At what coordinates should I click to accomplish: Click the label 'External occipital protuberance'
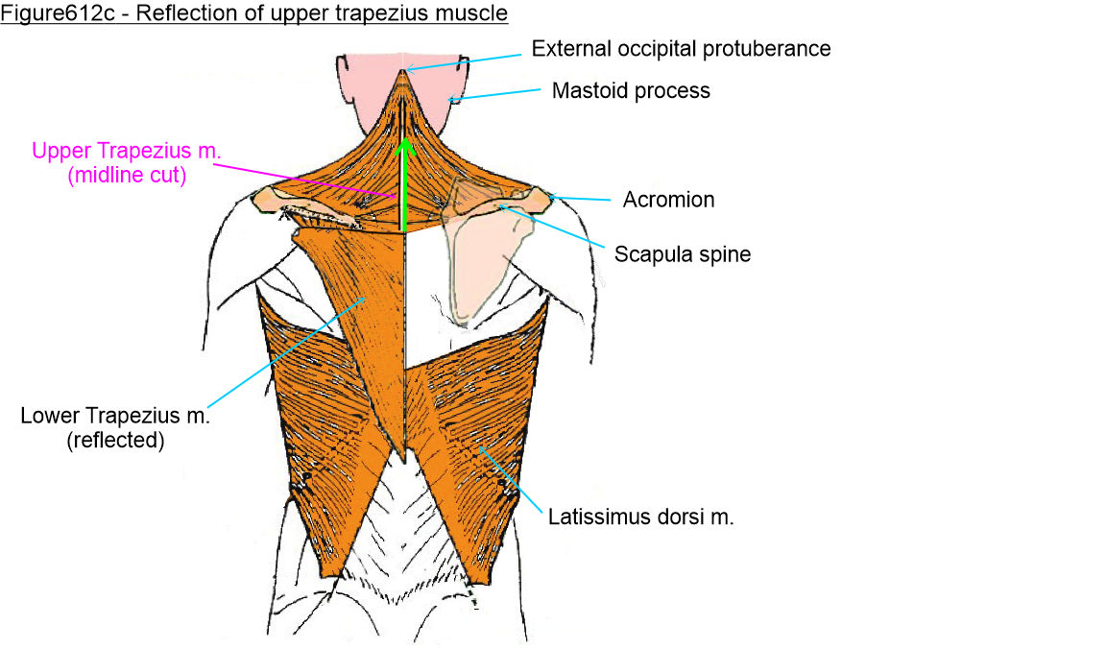(681, 48)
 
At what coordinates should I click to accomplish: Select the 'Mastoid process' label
(631, 91)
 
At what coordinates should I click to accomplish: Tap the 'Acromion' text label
(668, 201)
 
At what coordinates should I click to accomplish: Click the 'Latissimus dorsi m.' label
(641, 517)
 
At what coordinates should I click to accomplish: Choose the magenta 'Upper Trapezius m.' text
(108, 152)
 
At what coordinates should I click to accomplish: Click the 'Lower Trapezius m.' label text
(115, 417)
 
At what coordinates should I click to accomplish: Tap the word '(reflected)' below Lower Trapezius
(115, 442)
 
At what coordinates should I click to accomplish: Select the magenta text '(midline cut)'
(109, 176)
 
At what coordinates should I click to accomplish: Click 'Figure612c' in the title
(45, 13)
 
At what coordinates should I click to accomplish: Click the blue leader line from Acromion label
(580, 199)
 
